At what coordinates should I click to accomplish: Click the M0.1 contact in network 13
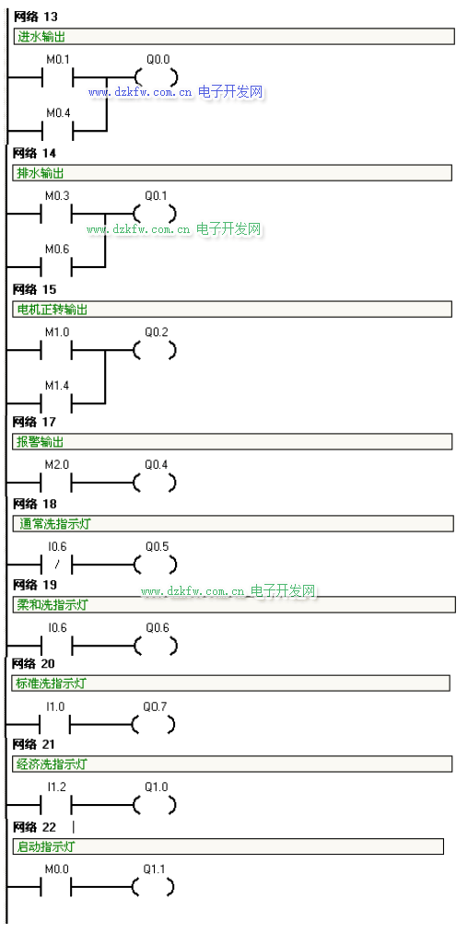click(x=57, y=77)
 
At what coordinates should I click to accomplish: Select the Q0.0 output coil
click(x=157, y=77)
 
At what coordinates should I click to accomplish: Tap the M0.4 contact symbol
click(x=57, y=130)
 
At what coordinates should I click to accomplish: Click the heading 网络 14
click(x=34, y=154)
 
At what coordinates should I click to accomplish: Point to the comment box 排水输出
click(x=232, y=173)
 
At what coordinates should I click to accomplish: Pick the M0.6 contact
click(x=56, y=266)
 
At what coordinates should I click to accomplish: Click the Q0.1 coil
click(x=155, y=214)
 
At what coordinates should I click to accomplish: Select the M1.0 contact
click(x=56, y=351)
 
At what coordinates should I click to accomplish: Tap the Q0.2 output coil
click(x=155, y=351)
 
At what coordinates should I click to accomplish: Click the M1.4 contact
click(x=56, y=402)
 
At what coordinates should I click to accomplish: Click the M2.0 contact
click(x=56, y=483)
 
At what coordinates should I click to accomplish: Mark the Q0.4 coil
click(x=155, y=483)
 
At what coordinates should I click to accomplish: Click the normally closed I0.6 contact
click(x=56, y=564)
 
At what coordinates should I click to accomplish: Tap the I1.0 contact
click(x=54, y=725)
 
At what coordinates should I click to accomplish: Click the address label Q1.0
click(x=156, y=787)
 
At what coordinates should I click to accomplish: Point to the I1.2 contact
click(x=56, y=805)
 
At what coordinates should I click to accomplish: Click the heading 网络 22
click(x=34, y=828)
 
